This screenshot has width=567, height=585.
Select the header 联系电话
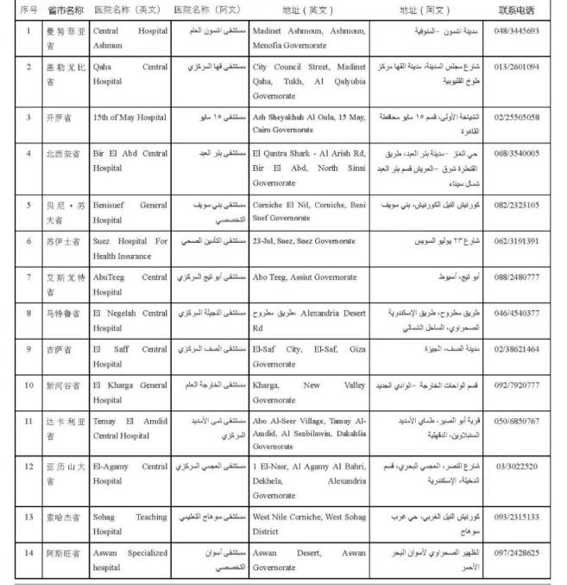coord(516,10)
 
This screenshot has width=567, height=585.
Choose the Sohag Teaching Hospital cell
coord(129,524)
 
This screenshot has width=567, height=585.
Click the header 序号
coord(28,10)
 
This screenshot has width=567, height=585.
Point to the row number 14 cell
coord(28,551)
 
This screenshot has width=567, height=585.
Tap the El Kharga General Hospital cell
coord(129,391)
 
